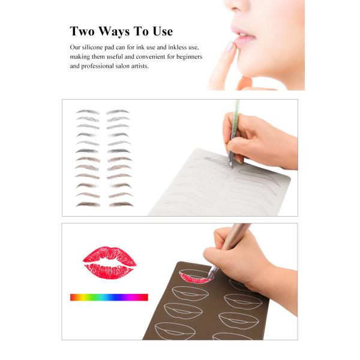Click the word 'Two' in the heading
[x=83, y=32]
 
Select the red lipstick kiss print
[x=109, y=263]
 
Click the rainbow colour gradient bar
[x=109, y=297]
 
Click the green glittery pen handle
[x=235, y=117]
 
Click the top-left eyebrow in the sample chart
[x=88, y=112]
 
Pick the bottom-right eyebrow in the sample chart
[x=120, y=204]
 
